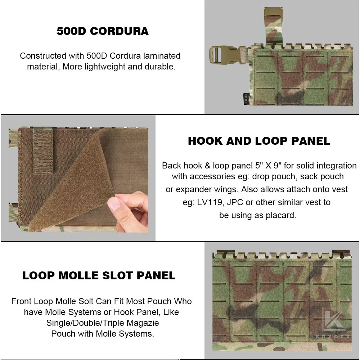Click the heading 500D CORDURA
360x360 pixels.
pos(102,31)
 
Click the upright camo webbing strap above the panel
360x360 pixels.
pos(274,26)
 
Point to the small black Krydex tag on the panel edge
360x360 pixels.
pos(246,99)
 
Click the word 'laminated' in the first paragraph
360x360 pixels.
pos(162,55)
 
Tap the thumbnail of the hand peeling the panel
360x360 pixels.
pos(78,179)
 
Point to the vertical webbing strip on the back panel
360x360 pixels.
pos(44,152)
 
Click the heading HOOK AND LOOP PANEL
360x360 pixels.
pos(259,141)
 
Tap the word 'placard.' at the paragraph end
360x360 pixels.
pos(281,215)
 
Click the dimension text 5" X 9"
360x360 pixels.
pos(268,166)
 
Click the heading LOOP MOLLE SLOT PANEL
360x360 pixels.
pos(99,275)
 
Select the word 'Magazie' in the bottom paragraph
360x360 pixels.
pos(143,323)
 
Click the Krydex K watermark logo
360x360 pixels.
pos(334,319)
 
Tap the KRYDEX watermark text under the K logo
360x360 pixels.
pos(333,337)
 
